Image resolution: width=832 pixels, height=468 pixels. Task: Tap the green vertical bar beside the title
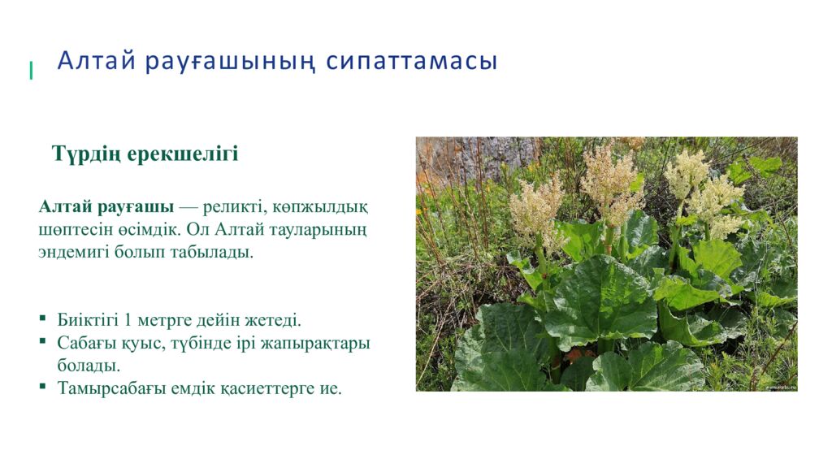pos(31,71)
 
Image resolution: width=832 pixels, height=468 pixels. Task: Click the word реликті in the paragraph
pos(235,206)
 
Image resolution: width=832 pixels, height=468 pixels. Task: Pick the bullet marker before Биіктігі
pos(42,318)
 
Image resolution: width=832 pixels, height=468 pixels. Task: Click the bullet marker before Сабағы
pos(42,342)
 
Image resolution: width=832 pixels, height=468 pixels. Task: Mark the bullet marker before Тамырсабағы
pos(42,387)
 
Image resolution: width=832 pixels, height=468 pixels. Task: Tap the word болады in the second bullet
pos(88,366)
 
